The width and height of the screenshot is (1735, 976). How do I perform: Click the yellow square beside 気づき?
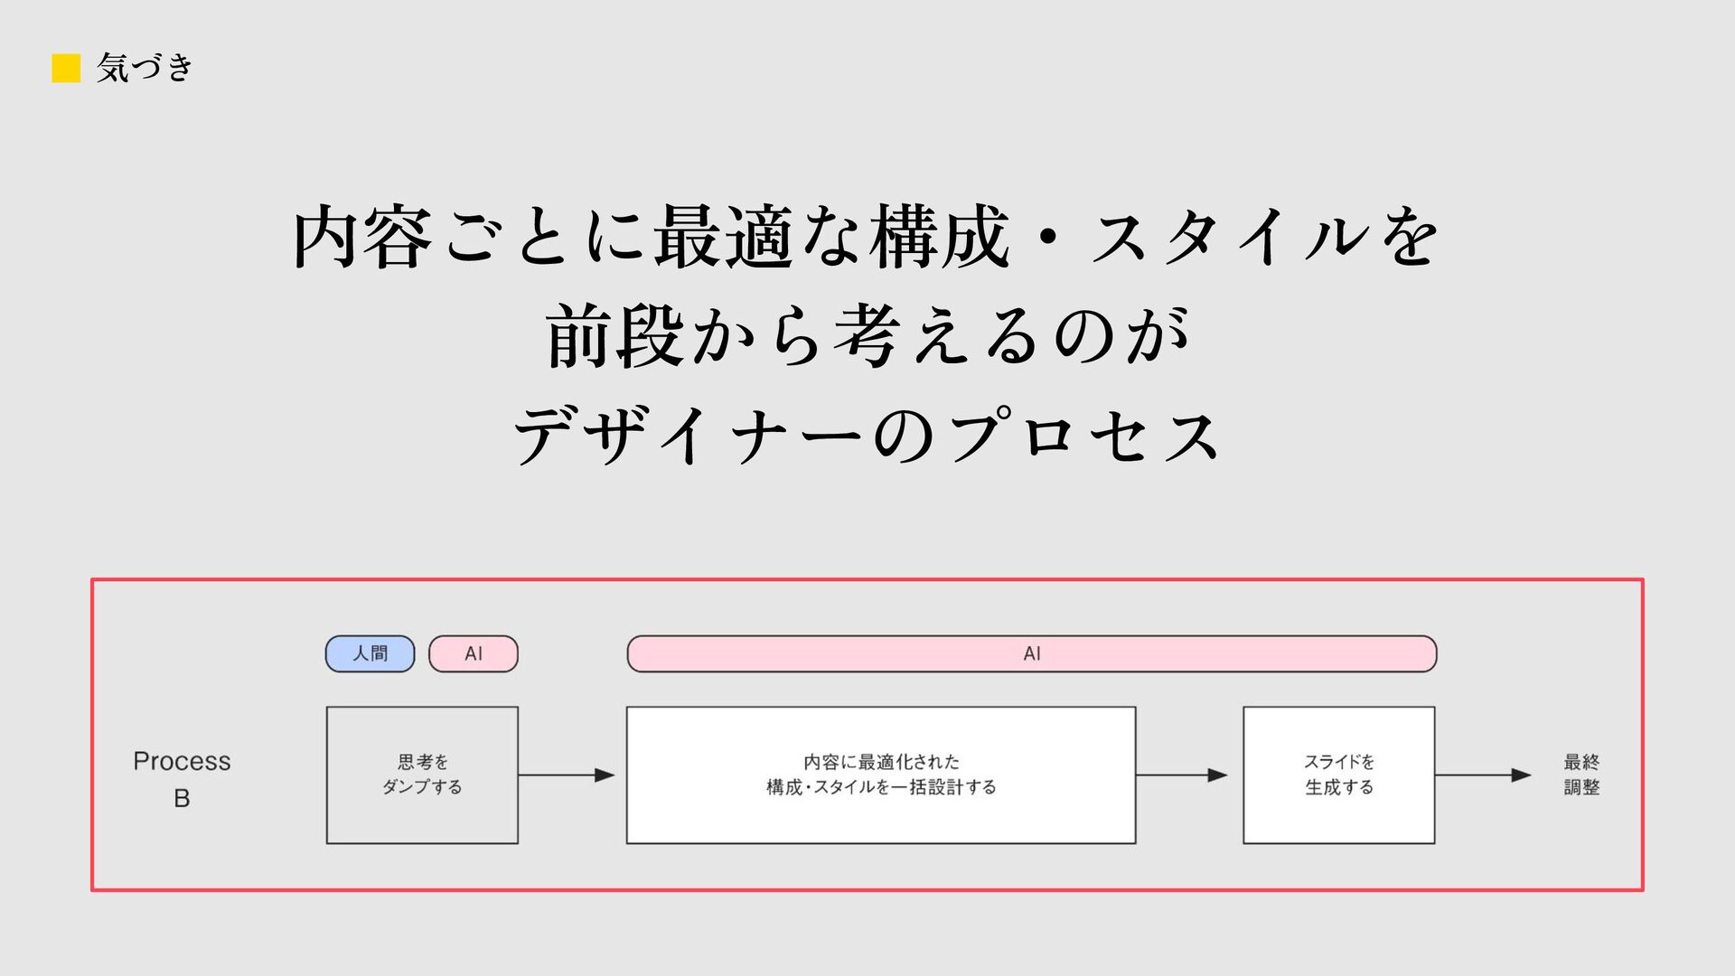tap(66, 68)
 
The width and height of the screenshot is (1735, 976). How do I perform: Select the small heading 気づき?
tap(145, 68)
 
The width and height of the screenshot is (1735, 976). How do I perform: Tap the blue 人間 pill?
tap(370, 653)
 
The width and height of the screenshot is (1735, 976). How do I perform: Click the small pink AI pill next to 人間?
tap(474, 653)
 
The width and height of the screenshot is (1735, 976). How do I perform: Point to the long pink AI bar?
tap(1032, 653)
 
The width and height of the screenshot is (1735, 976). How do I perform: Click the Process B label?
tap(182, 779)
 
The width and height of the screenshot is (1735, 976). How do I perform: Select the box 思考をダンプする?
tap(422, 774)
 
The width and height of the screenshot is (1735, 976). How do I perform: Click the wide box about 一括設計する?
tap(881, 774)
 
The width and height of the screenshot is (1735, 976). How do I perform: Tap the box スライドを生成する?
tap(1338, 774)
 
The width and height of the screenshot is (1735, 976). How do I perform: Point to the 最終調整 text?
tap(1581, 774)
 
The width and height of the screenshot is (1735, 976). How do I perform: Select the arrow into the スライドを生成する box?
tap(1181, 774)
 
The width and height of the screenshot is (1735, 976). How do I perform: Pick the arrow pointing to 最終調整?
tap(1483, 774)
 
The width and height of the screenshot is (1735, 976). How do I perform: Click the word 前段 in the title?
tap(614, 336)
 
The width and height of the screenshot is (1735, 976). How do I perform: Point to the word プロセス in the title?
tap(1084, 436)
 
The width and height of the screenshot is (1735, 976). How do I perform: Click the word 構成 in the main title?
tap(940, 237)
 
